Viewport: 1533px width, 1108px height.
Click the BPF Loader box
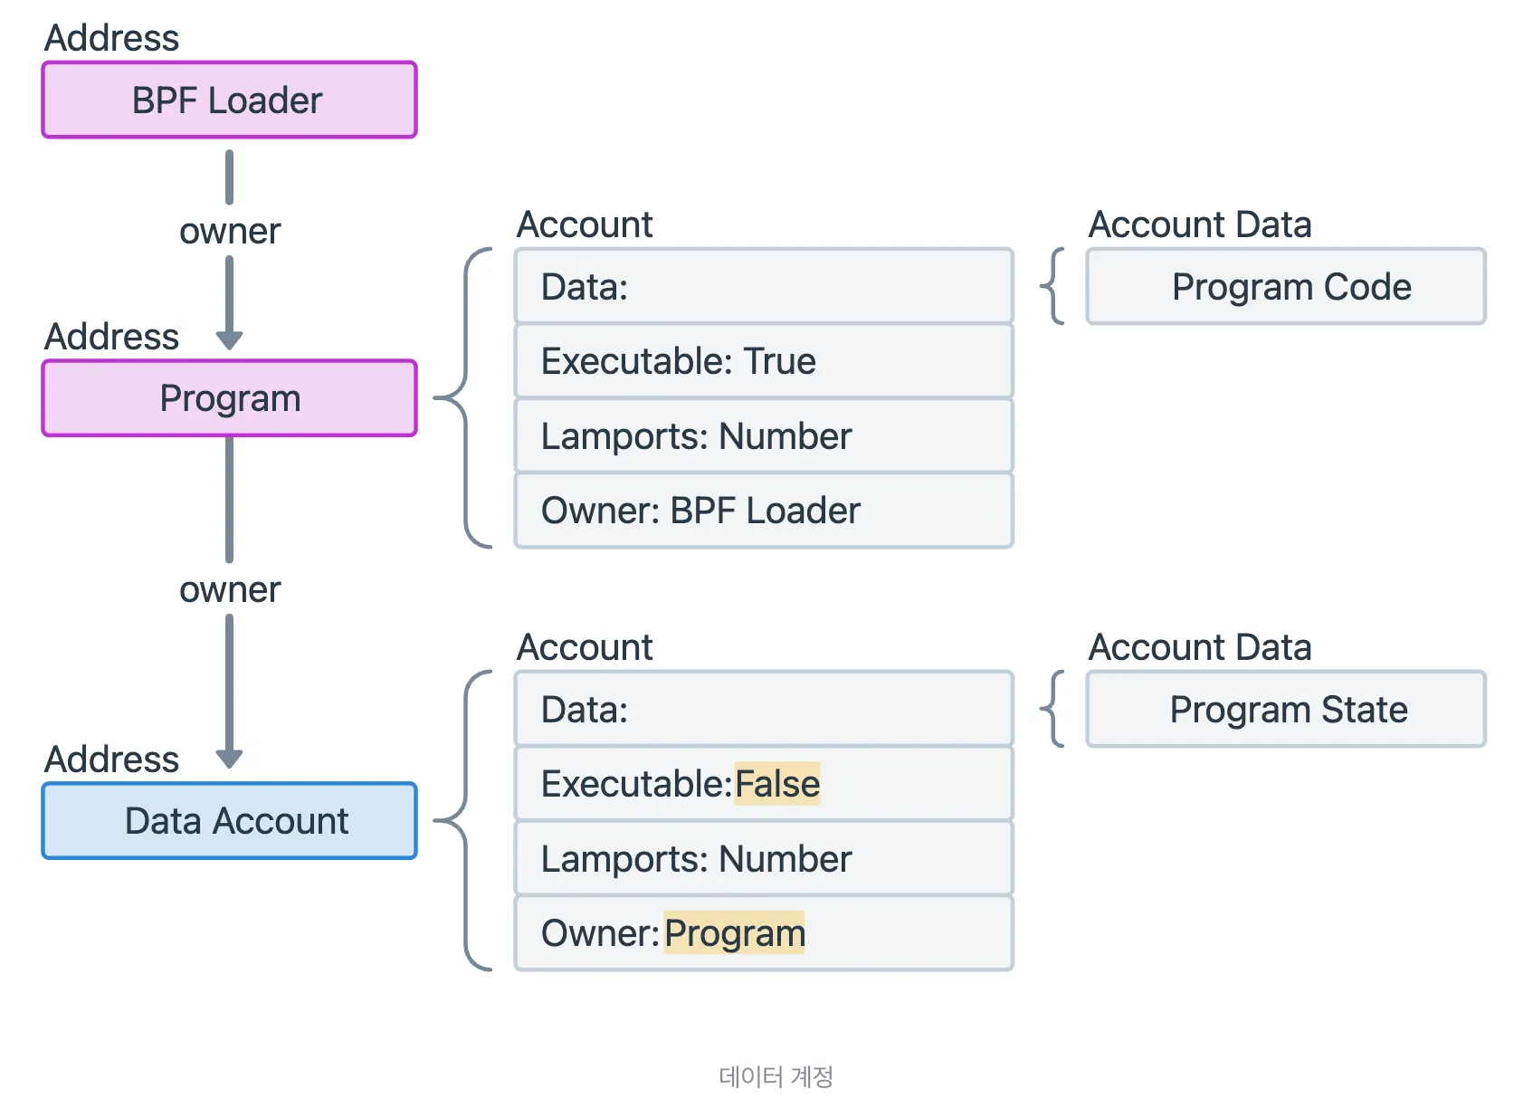coord(229,100)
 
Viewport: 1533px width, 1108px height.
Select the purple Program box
coord(229,398)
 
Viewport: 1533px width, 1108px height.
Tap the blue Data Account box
coord(229,820)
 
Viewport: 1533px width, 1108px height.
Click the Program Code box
coord(1285,286)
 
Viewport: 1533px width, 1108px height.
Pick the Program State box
coord(1285,709)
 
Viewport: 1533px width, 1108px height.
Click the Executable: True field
coord(763,361)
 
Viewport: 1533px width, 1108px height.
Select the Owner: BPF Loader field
coord(763,511)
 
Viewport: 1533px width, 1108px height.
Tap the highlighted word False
coord(776,784)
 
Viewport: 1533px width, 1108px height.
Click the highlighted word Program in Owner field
coord(734,933)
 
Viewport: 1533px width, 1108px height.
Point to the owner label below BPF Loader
coord(230,231)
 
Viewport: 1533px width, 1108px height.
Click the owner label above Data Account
coord(230,589)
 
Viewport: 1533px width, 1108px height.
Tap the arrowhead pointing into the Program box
coord(230,340)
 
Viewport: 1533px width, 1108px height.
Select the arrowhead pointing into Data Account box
coord(230,759)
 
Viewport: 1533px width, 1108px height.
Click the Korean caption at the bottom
coord(776,1076)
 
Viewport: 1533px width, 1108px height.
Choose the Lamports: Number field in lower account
coord(763,858)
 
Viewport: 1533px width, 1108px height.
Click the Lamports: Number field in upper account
coord(763,436)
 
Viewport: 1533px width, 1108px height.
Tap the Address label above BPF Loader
coord(111,38)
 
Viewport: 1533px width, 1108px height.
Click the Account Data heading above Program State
coord(1199,647)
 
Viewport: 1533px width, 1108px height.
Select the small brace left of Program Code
coord(1052,286)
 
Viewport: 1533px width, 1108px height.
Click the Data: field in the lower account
coord(763,709)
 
